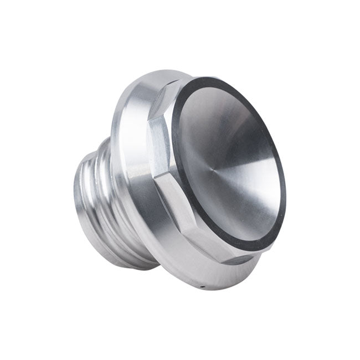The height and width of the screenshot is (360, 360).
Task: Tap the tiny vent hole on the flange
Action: pyautogui.click(x=203, y=287)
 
